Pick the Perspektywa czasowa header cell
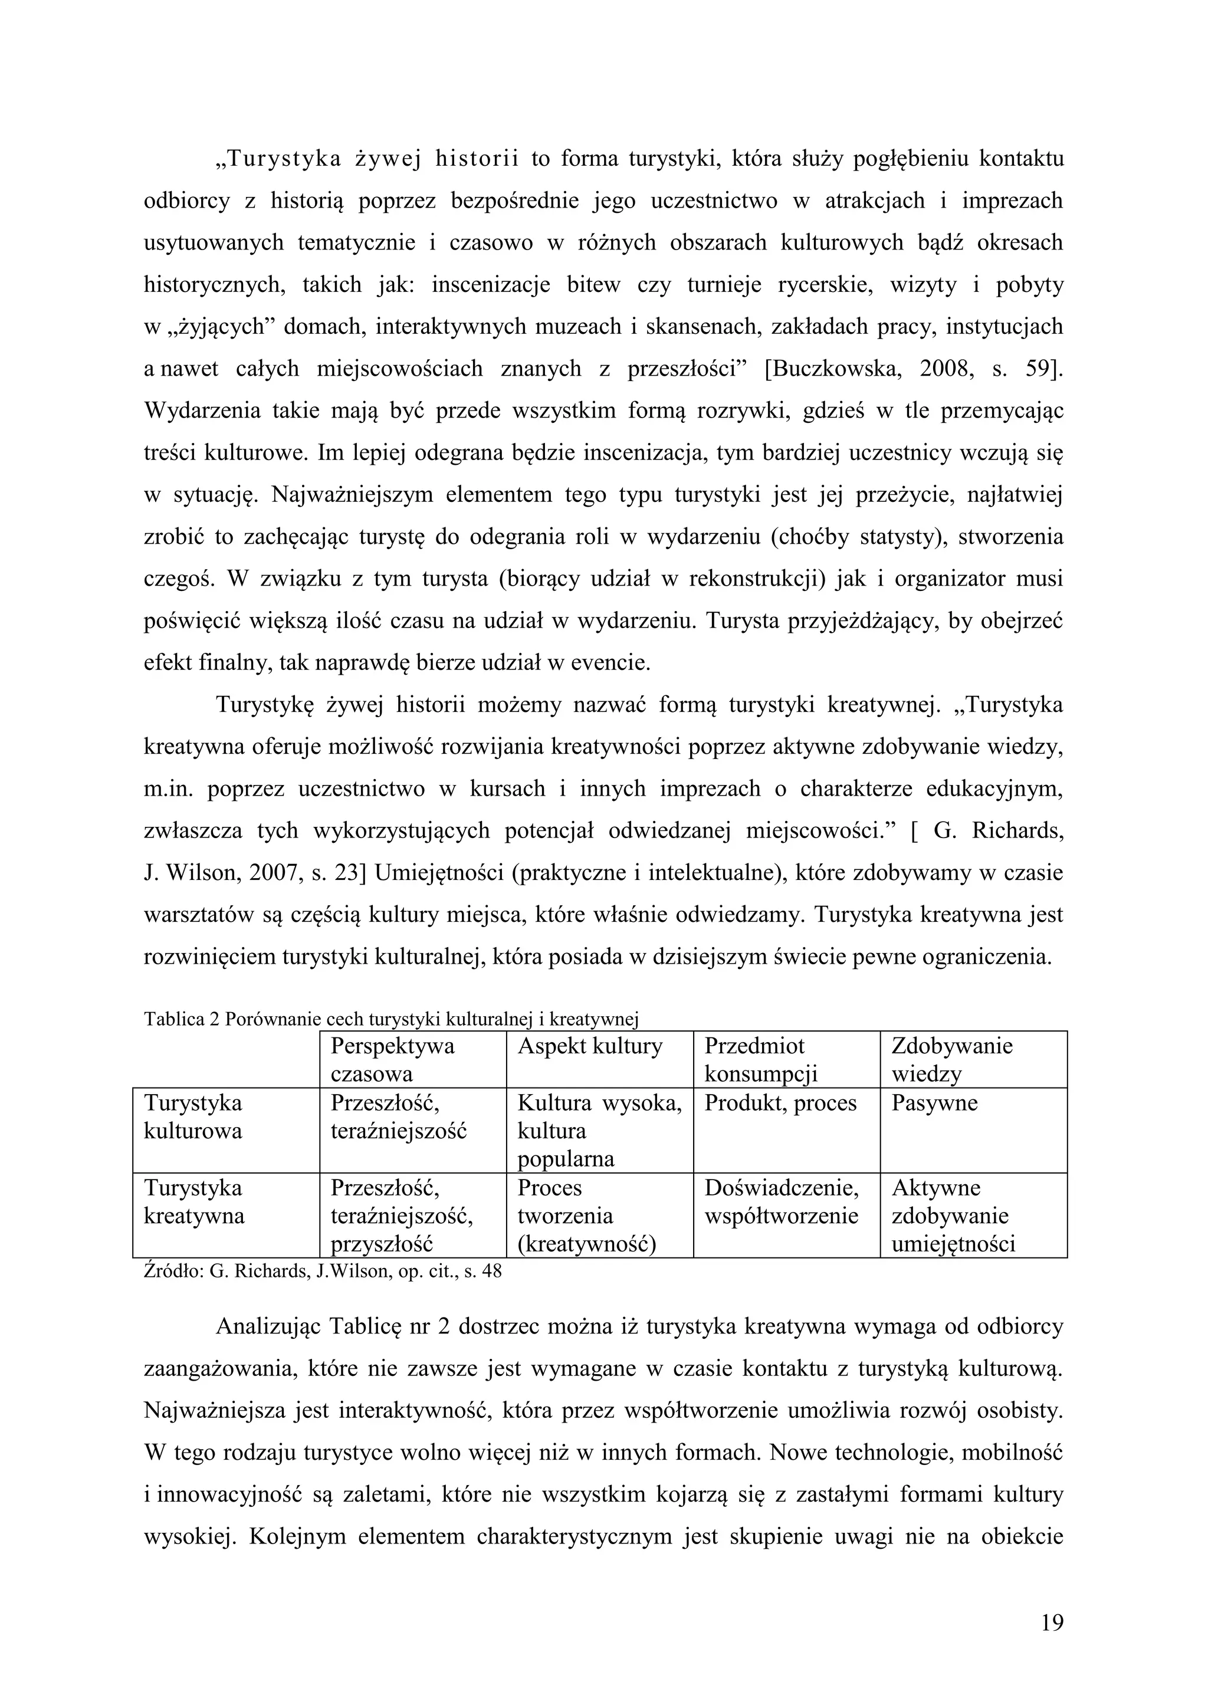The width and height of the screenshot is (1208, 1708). tap(392, 1060)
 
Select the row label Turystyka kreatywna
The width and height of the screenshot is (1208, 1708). tap(193, 1201)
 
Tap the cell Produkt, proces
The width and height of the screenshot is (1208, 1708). tap(780, 1103)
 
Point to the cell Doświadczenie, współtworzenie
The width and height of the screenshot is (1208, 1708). tap(781, 1201)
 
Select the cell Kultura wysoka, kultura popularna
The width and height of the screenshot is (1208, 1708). tap(599, 1131)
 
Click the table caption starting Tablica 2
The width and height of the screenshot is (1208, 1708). tap(391, 1019)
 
